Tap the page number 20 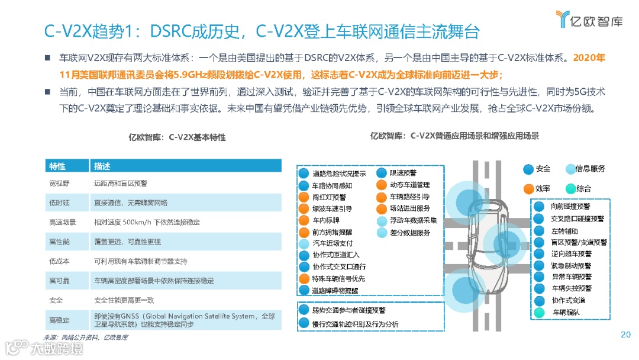point(625,335)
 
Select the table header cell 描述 point(102,166)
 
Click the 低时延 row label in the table point(59,202)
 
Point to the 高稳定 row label point(59,320)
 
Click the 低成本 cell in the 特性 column point(59,261)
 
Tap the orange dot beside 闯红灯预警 point(304,197)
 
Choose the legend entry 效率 point(543,188)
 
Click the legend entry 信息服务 point(590,169)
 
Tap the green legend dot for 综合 point(570,188)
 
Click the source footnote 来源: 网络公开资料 point(86,337)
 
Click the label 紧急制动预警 point(571,265)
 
